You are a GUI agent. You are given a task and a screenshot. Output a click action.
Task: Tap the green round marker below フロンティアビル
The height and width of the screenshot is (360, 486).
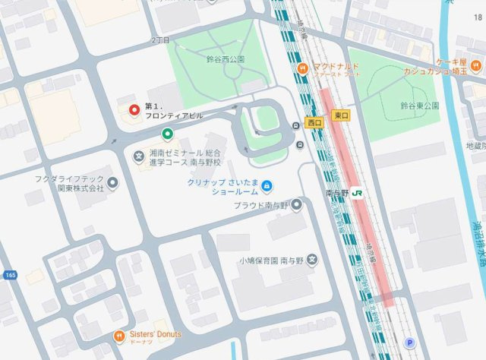point(167,134)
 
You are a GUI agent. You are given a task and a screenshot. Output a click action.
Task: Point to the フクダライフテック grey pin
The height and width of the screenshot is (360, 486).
point(113,182)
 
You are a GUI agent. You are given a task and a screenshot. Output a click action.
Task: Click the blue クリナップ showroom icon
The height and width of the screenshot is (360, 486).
point(267,185)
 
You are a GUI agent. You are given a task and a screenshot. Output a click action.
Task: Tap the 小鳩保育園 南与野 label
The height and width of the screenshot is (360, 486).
point(271,261)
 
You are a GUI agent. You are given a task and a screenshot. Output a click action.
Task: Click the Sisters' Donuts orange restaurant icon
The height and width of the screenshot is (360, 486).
point(119,336)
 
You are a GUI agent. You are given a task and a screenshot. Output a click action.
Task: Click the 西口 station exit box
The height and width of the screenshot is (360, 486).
point(314,122)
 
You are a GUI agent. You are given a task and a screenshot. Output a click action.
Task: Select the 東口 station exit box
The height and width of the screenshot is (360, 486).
point(340,115)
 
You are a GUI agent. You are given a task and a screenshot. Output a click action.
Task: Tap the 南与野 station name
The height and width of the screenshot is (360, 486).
point(339,194)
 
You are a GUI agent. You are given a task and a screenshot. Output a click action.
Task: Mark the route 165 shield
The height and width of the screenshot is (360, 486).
point(9,274)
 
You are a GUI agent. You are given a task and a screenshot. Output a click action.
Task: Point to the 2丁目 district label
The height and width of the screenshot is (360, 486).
point(160,38)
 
